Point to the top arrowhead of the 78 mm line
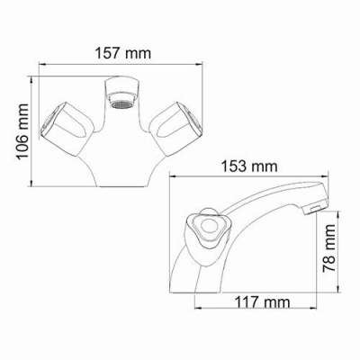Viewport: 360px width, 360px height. pos(339,213)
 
